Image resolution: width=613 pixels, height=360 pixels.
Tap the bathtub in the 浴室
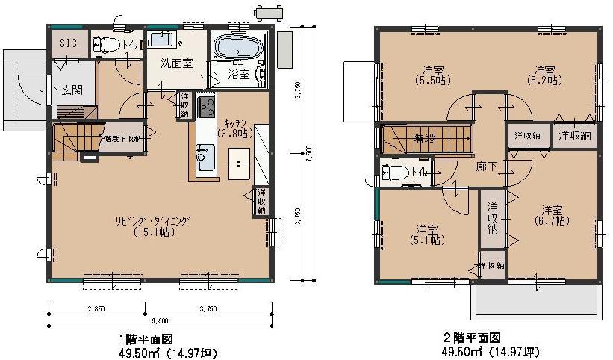click(237, 49)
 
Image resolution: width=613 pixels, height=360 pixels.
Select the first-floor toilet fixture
click(107, 45)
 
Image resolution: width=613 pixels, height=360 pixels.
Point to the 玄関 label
click(72, 90)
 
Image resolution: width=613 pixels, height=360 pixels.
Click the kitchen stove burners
click(206, 107)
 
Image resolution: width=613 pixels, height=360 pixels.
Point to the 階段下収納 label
click(122, 138)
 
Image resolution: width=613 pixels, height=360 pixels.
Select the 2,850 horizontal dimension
click(95, 308)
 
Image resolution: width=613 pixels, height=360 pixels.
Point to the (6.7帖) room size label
click(552, 220)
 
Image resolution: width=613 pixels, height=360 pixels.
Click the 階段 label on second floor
click(425, 137)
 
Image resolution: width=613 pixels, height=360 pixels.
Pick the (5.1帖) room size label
click(426, 240)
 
